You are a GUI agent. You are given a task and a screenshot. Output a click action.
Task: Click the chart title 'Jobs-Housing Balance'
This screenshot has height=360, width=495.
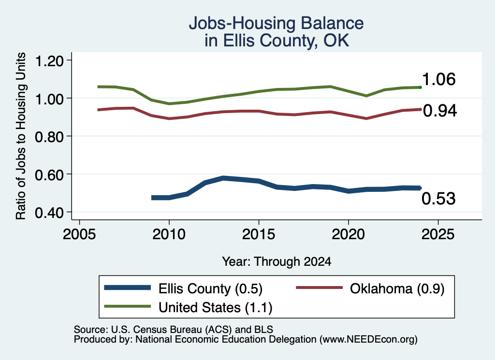[276, 23]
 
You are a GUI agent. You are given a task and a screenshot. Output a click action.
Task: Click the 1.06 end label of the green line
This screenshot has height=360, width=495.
[438, 79]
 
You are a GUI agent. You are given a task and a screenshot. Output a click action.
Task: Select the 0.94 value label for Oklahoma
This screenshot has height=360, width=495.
[440, 111]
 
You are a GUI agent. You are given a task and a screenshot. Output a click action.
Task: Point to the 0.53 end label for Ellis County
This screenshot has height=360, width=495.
[438, 199]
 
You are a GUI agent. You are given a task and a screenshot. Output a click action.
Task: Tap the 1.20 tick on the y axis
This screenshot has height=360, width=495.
[49, 60]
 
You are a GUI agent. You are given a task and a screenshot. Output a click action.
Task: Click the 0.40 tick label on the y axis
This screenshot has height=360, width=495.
[49, 213]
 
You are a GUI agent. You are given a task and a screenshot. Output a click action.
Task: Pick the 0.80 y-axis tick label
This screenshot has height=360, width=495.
[49, 137]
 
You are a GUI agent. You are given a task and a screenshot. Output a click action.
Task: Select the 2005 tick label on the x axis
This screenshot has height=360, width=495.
[79, 234]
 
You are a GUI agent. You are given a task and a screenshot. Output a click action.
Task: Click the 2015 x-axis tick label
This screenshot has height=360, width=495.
[259, 234]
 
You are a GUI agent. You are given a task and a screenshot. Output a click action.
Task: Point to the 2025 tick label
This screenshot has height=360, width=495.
[438, 234]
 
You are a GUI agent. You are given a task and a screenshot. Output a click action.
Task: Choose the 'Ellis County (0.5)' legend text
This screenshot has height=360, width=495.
[210, 288]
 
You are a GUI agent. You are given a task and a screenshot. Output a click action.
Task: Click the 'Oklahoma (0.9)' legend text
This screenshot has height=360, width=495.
[397, 288]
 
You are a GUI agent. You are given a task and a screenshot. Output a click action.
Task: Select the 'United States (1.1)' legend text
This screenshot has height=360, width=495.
[215, 307]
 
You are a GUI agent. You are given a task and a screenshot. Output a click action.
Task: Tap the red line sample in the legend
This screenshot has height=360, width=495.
[319, 288]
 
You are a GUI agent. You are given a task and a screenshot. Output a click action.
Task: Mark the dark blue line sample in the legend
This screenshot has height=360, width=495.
[128, 288]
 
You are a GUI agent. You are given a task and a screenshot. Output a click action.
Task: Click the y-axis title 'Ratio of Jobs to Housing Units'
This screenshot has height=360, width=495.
[21, 136]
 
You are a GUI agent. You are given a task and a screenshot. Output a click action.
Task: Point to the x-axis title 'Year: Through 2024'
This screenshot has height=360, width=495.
[277, 261]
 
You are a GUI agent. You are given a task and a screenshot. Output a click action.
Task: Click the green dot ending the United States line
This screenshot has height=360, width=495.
[420, 87]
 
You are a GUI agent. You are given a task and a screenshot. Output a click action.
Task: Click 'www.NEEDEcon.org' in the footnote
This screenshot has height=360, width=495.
[368, 340]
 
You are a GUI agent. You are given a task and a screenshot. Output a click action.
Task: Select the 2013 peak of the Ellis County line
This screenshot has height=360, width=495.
[223, 178]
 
